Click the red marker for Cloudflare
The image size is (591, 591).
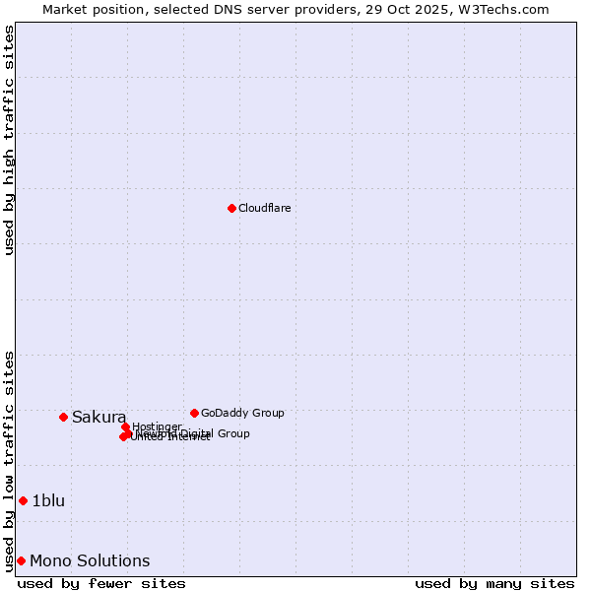click(x=231, y=208)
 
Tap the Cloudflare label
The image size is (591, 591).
click(x=264, y=208)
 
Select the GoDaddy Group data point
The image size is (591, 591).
click(x=194, y=413)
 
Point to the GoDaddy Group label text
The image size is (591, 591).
click(x=242, y=413)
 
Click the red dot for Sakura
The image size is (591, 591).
click(x=63, y=417)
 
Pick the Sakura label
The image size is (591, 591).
click(x=98, y=417)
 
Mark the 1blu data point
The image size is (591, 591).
click(x=23, y=500)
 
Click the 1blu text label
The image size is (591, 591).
click(x=48, y=500)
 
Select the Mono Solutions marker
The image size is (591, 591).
click(x=21, y=560)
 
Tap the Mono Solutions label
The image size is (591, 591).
click(x=90, y=560)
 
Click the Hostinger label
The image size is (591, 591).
click(x=158, y=427)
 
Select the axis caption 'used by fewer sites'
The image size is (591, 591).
click(x=101, y=583)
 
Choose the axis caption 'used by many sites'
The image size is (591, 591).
click(x=494, y=583)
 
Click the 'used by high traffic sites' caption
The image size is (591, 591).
click(x=9, y=140)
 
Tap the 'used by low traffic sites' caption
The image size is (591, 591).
click(x=9, y=460)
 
